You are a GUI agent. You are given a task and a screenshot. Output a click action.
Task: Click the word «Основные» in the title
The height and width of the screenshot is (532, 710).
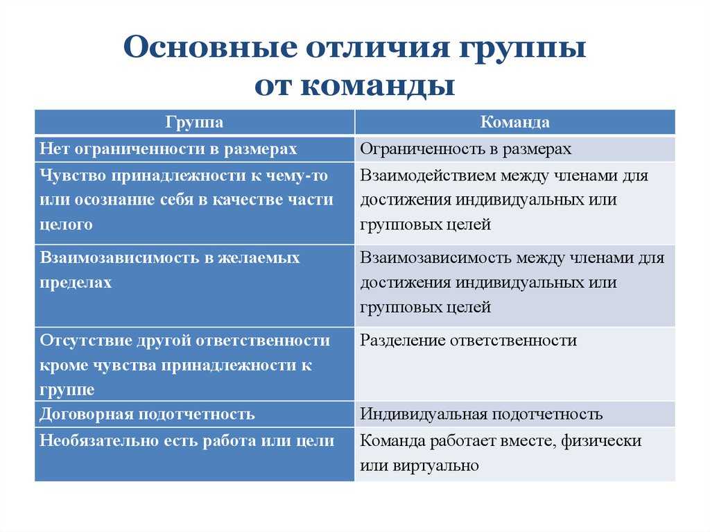coord(211,46)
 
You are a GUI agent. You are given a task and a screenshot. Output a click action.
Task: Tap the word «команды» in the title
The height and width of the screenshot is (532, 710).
coord(378,85)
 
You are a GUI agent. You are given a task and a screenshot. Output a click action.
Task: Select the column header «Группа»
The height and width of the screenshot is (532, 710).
coord(194,122)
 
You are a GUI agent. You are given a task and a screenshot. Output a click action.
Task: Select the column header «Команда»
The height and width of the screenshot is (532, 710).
coord(515,122)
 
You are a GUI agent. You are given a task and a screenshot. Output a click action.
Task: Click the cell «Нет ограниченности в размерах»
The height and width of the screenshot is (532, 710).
coord(168,148)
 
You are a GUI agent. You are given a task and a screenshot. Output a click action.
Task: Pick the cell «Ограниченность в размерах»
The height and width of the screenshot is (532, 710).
coord(465,148)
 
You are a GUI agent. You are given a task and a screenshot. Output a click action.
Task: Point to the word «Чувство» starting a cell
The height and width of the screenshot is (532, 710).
coord(73,175)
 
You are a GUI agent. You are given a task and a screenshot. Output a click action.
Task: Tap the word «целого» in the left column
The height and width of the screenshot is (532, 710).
coord(66,224)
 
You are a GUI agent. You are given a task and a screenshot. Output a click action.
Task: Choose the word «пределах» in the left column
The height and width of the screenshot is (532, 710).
coord(76,282)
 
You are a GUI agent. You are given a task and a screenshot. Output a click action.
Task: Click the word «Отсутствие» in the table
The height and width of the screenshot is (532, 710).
coord(85,341)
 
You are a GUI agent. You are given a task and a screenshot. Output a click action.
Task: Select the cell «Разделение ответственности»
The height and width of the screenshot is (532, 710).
coord(468,341)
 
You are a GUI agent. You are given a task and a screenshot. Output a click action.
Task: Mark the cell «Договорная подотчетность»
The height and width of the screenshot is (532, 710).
coord(147,413)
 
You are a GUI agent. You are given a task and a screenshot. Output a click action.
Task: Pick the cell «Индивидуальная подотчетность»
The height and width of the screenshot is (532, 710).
coord(481,413)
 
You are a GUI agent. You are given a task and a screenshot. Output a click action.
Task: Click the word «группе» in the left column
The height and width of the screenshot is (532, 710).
coord(67,391)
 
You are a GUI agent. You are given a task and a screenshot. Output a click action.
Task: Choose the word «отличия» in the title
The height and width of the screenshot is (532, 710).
coord(378,46)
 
